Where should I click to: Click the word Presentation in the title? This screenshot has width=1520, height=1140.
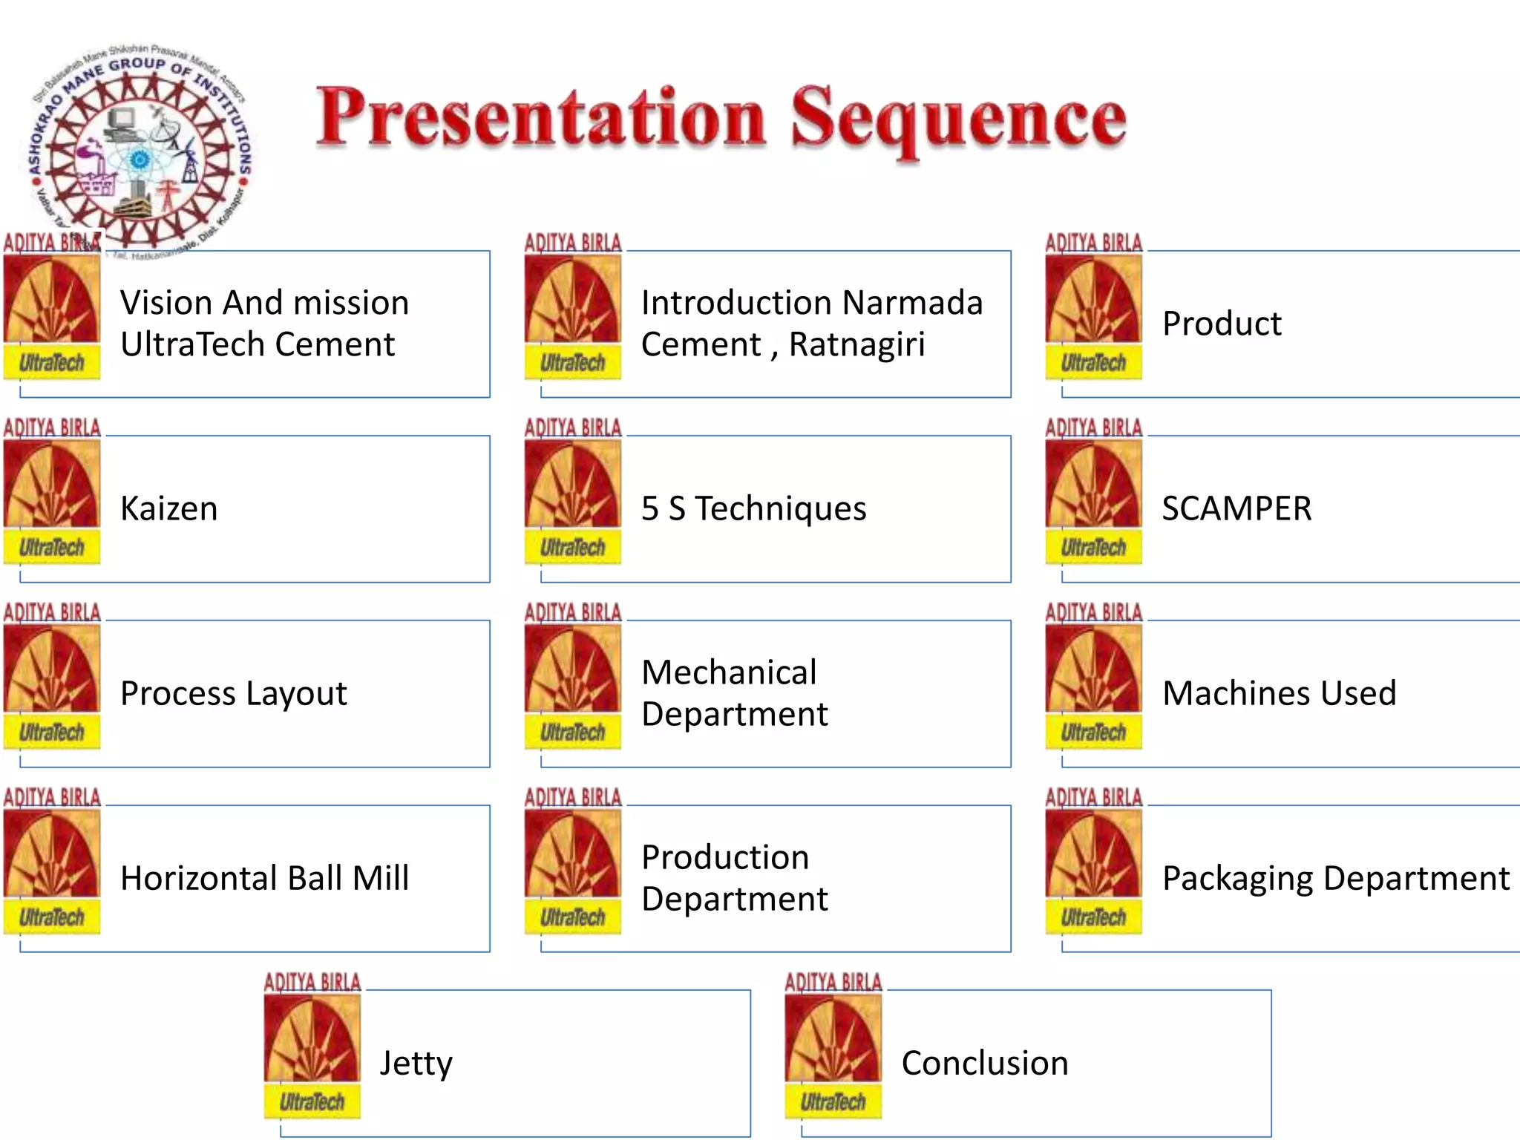pos(540,119)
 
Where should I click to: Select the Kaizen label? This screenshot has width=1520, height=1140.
pos(169,509)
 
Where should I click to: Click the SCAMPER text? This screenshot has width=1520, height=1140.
pos(1236,509)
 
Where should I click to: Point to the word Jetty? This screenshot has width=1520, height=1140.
pos(416,1064)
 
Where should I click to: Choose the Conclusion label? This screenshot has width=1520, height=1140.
pos(985,1064)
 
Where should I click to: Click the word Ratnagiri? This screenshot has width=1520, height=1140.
pos(856,345)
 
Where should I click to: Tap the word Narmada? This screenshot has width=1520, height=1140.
pos(912,303)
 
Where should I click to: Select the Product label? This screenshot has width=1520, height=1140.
pos(1222,324)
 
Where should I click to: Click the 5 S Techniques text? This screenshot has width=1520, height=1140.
pos(753,509)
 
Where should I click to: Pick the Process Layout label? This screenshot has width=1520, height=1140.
pos(233,694)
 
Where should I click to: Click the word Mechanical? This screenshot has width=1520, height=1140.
pos(729,673)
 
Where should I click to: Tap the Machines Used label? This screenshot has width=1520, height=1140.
pos(1279,694)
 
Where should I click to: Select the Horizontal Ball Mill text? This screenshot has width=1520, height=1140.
pos(264,879)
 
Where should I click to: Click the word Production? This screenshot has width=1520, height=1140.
pos(725,858)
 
